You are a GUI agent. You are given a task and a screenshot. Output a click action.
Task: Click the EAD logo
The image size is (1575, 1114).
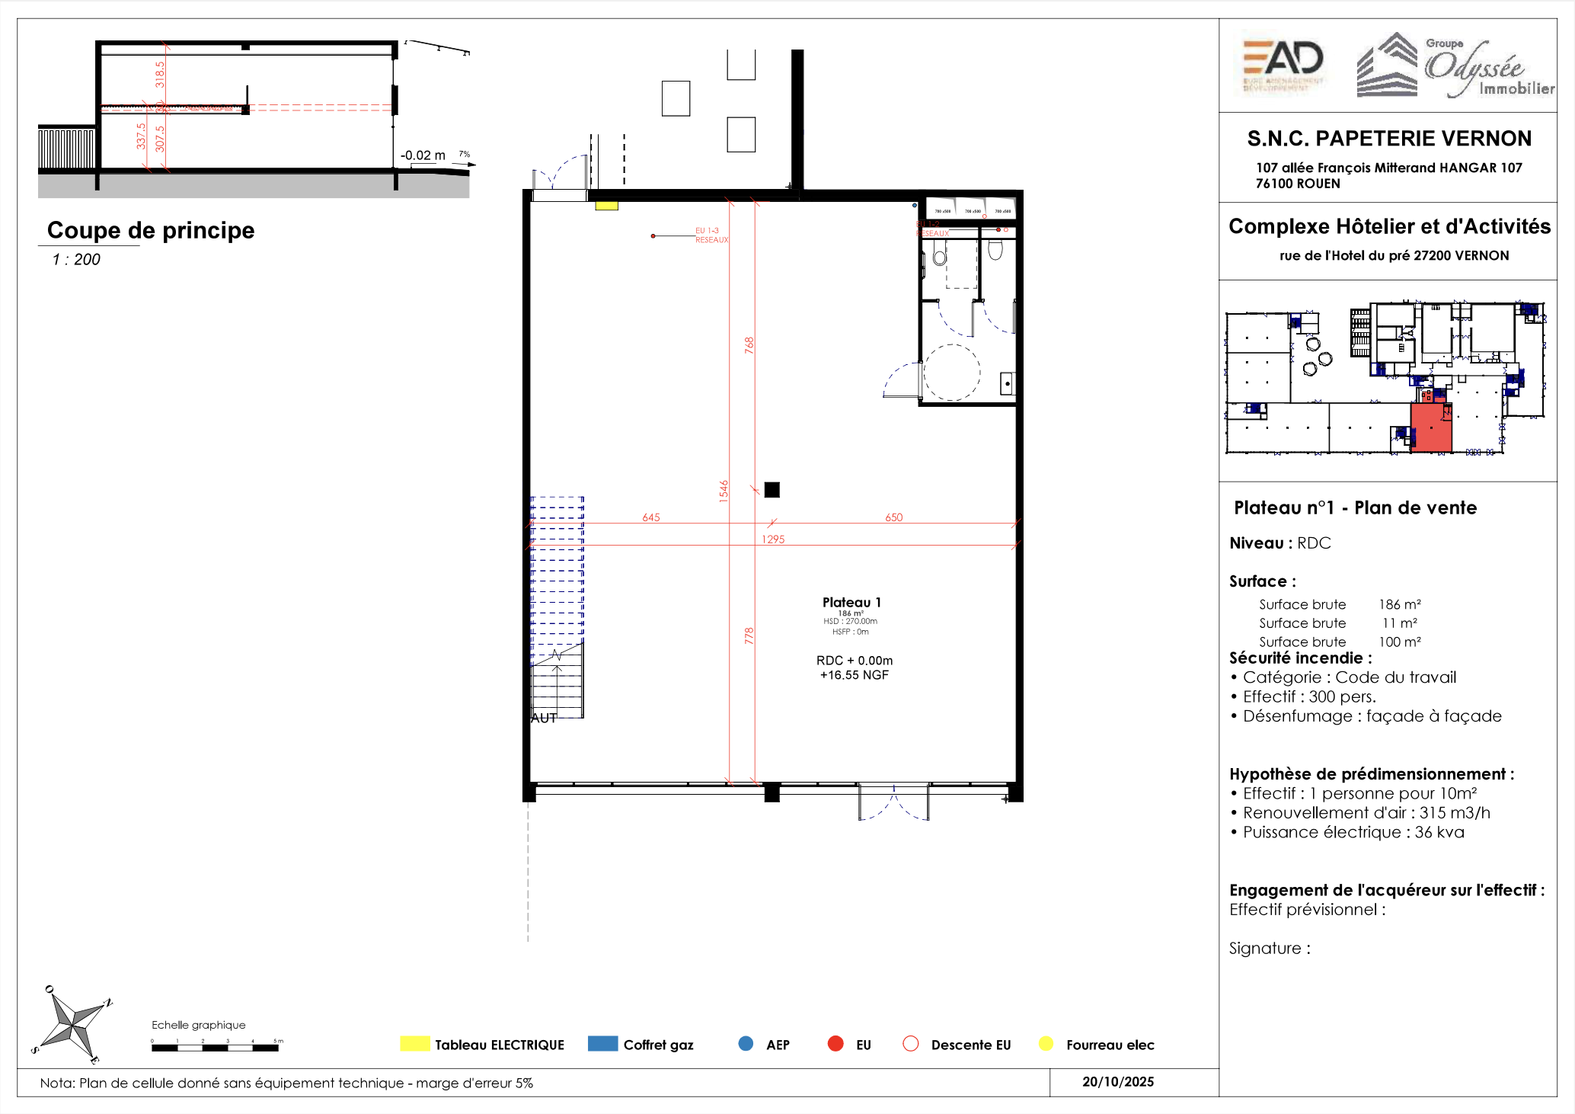tap(1284, 66)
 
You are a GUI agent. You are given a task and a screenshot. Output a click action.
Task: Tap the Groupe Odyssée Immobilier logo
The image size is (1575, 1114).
tap(1455, 67)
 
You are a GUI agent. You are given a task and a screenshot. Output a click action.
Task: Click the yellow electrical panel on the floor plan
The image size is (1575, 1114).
tap(606, 206)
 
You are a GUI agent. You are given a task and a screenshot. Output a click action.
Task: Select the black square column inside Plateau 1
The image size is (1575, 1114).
tap(772, 490)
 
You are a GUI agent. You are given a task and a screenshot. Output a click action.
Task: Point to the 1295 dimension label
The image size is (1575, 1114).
tap(773, 539)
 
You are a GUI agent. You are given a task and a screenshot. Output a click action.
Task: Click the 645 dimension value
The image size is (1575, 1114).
tap(651, 517)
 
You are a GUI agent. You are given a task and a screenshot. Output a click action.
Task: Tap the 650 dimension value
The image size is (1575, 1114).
tap(893, 517)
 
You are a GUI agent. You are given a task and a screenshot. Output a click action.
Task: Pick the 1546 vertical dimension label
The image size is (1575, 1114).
tap(724, 491)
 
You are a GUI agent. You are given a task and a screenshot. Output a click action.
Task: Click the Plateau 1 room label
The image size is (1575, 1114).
tap(851, 603)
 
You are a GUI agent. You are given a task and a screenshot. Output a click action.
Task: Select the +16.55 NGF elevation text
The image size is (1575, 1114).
tap(854, 675)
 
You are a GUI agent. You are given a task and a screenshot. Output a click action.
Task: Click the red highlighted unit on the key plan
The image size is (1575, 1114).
tap(1430, 428)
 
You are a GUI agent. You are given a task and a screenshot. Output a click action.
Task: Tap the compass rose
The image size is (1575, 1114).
tap(72, 1026)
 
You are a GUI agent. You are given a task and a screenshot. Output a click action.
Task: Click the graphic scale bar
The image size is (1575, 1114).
tap(216, 1048)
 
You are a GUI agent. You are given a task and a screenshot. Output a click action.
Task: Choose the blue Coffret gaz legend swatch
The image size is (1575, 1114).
tap(602, 1044)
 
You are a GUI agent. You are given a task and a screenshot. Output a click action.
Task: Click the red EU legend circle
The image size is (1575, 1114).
tap(835, 1044)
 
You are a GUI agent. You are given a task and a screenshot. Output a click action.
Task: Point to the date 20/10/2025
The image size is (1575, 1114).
tap(1117, 1082)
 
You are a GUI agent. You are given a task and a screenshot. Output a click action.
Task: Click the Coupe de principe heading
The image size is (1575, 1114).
tap(151, 230)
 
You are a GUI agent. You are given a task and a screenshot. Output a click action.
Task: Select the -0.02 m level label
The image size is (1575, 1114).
tap(423, 155)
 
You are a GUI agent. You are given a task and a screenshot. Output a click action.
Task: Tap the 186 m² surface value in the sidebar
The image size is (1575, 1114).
tap(1399, 604)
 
